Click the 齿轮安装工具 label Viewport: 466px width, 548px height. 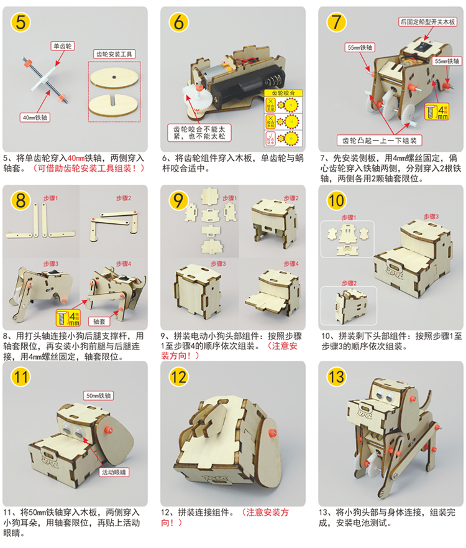pos(114,54)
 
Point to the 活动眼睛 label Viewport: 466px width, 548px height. pos(116,473)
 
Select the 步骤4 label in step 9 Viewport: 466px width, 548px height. pos(290,264)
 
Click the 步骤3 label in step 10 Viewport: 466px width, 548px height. pos(432,216)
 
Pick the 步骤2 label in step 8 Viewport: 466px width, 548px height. pos(124,198)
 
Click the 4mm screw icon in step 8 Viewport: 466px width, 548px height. pos(66,318)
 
